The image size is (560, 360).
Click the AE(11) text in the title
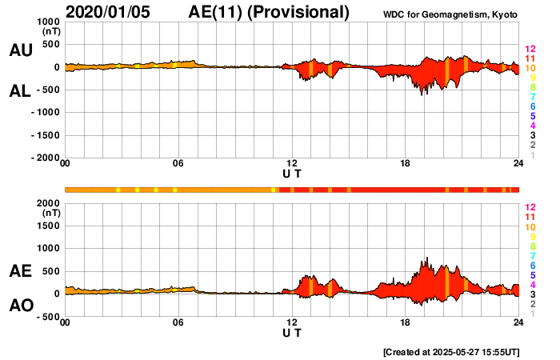coord(218,12)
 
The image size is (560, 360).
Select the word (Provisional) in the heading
coord(299,12)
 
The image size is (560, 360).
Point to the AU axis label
coord(21,50)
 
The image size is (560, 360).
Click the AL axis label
coord(21,91)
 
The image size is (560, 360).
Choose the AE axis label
coord(21,271)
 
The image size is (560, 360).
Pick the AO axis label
coord(21,306)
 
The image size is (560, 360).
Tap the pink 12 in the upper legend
coord(530,49)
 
